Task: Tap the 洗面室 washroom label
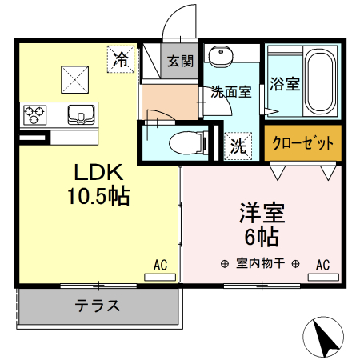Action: point(230,91)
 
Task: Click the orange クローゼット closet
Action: point(302,144)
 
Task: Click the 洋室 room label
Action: point(262,214)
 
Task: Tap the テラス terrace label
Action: point(98,304)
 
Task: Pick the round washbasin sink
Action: point(219,57)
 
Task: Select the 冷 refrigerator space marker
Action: point(122,58)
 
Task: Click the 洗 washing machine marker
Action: point(238,146)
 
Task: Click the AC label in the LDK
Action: point(159,264)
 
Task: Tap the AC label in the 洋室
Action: point(323,264)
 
